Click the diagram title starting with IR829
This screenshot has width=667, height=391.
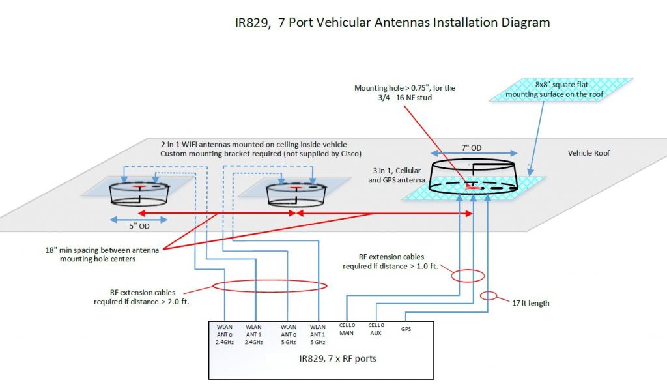pyautogui.click(x=392, y=23)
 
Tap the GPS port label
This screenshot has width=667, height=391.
pyautogui.click(x=406, y=329)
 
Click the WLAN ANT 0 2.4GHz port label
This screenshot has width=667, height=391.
pyautogui.click(x=225, y=334)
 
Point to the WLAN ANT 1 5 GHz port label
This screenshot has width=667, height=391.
pyautogui.click(x=318, y=334)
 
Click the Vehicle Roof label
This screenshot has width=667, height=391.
pyautogui.click(x=588, y=153)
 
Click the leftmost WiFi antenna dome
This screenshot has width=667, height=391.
pyautogui.click(x=139, y=191)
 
